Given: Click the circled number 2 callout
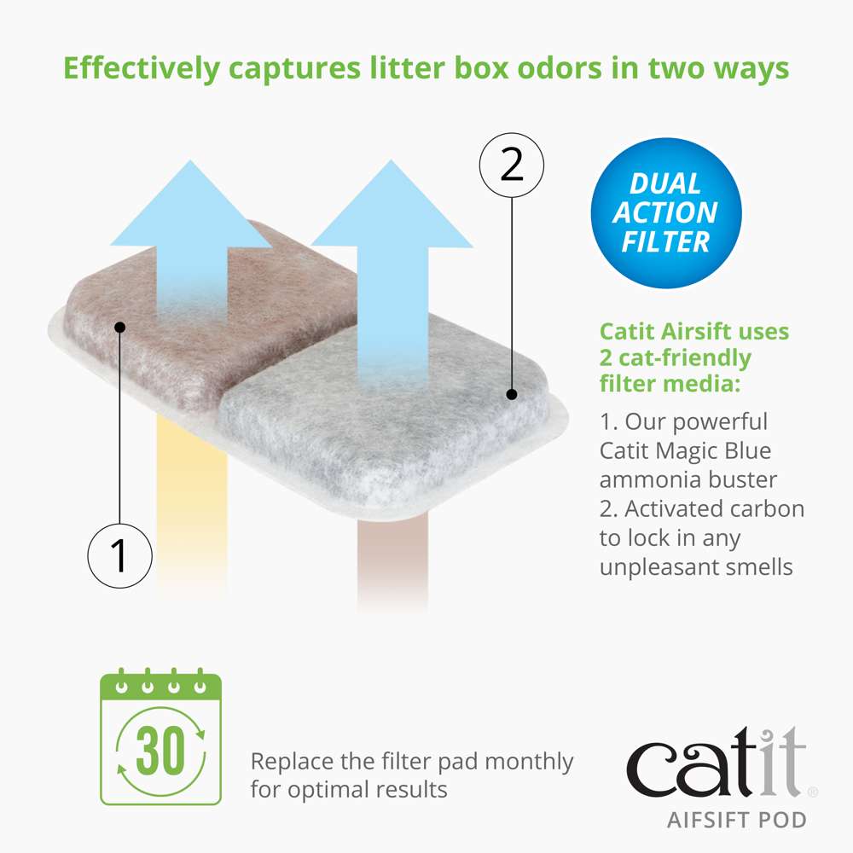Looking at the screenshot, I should (511, 163).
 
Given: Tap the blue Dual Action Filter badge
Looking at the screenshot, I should (665, 213).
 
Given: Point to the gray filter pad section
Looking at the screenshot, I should (384, 426).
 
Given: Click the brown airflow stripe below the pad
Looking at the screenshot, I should (392, 563).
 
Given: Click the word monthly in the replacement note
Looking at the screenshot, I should (530, 761).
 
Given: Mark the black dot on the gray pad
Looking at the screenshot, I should (511, 394).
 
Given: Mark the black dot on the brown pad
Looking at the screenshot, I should (120, 327).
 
